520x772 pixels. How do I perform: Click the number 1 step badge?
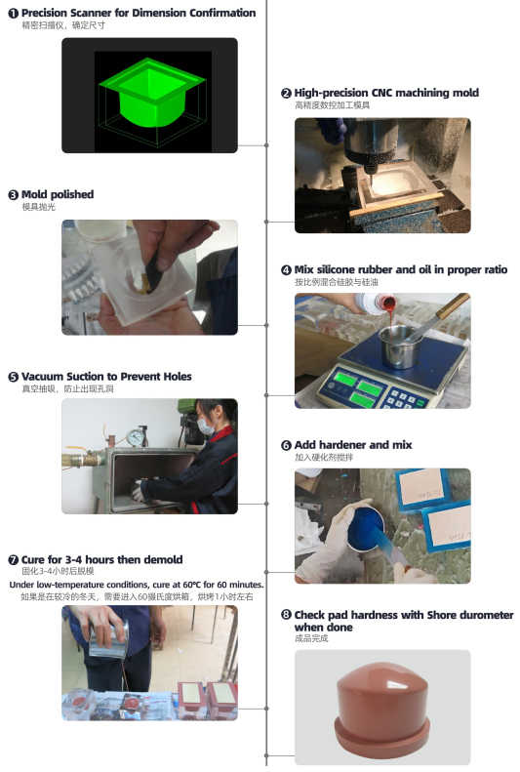[x=14, y=14]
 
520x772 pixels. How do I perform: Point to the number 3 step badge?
[x=14, y=195]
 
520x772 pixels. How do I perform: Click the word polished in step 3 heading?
[x=72, y=194]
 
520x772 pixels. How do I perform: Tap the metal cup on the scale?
[x=401, y=346]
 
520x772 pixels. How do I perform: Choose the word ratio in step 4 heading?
[x=495, y=269]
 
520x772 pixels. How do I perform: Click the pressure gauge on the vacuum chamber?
[x=135, y=436]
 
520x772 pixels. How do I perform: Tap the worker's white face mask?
[x=206, y=427]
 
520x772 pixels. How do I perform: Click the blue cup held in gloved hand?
[x=366, y=530]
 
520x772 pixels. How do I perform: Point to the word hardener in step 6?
[x=340, y=445]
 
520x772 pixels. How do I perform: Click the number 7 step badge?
[x=14, y=560]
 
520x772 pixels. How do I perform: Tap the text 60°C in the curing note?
[x=192, y=585]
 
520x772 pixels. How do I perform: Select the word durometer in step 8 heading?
[x=485, y=615]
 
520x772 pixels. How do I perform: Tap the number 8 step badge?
[x=286, y=615]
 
